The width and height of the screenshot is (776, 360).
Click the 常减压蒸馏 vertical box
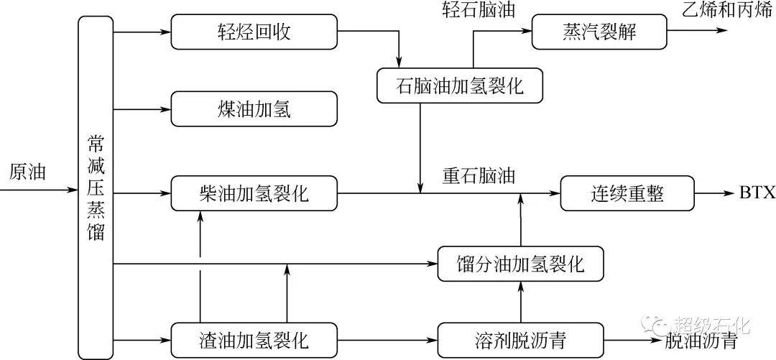point(96,187)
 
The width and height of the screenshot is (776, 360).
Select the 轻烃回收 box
point(254,32)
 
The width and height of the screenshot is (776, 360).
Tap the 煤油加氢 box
point(254,109)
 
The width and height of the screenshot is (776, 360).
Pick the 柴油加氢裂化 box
point(254,193)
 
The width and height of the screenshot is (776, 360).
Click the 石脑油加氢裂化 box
point(460,86)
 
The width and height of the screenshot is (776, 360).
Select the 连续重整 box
point(627,193)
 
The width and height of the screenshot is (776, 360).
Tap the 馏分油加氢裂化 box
point(521,264)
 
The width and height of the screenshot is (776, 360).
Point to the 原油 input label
point(27,172)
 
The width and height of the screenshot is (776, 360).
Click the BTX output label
point(757,193)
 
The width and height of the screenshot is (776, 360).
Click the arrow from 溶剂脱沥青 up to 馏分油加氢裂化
point(521,302)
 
